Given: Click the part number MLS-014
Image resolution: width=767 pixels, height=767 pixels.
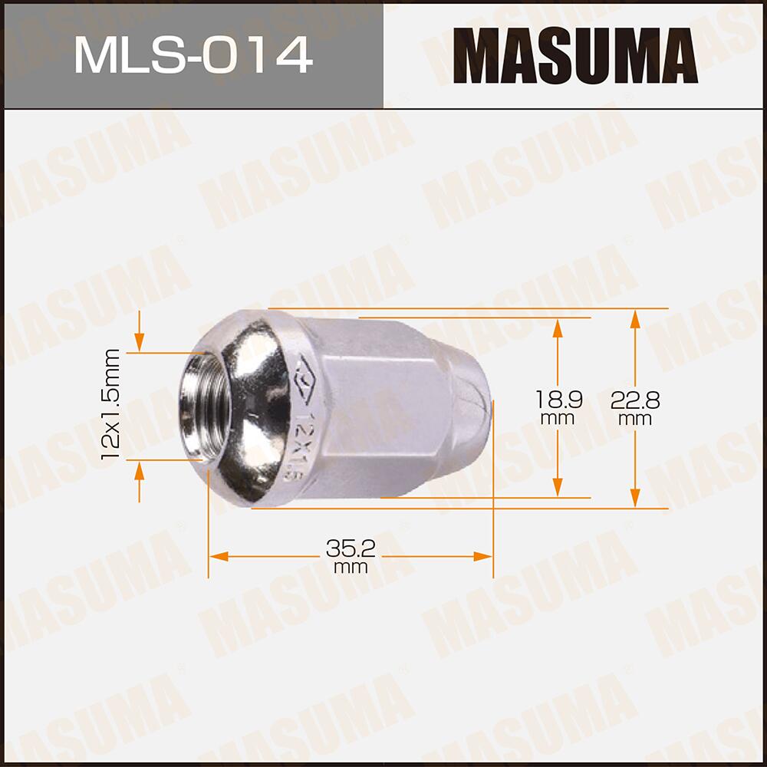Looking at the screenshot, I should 193,54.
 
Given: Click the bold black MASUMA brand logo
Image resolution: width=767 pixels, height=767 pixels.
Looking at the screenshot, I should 574,55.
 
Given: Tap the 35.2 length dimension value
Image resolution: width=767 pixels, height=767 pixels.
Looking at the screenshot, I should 351,548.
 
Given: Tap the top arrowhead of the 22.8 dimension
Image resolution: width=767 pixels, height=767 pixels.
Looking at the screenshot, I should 635,319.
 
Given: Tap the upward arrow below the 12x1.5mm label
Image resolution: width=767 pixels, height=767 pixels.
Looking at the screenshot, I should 139,470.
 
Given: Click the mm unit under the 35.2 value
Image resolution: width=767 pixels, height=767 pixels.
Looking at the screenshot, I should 351,568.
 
